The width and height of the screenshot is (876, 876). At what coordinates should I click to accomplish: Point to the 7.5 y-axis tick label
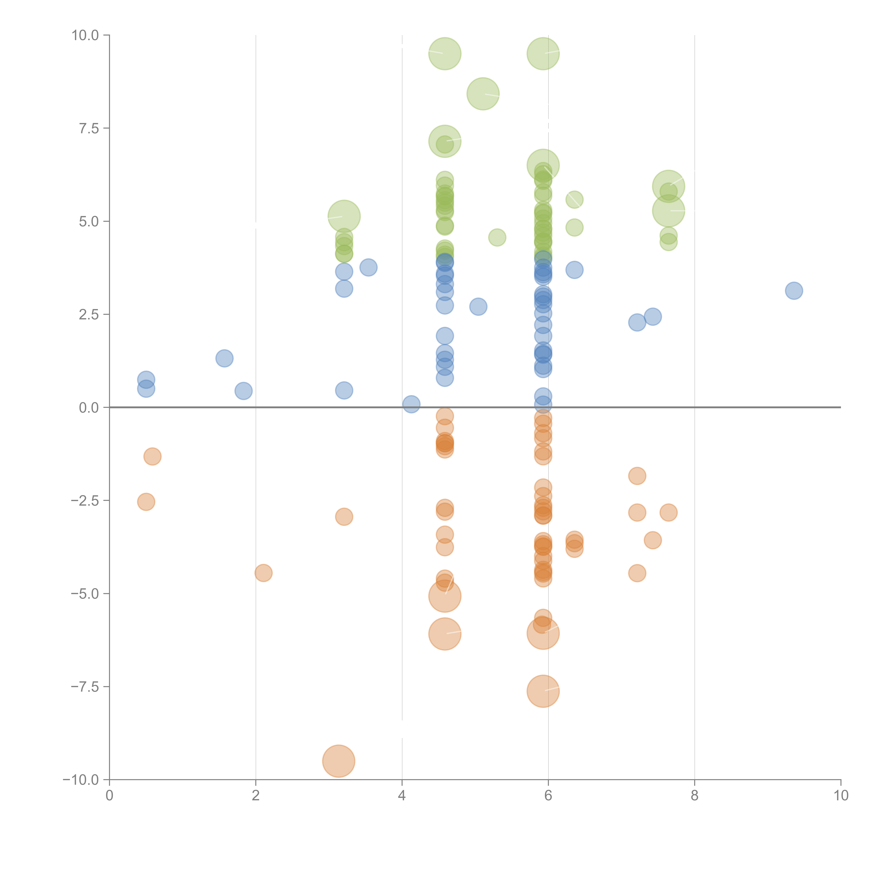coord(89,128)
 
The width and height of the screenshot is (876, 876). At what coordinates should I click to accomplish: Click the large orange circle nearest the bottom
coord(339,761)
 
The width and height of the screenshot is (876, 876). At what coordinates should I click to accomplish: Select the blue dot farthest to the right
coord(794,291)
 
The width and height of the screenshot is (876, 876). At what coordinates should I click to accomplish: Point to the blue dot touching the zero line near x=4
coord(411,404)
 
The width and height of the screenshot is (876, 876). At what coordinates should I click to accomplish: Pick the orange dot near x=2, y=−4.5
coord(264,573)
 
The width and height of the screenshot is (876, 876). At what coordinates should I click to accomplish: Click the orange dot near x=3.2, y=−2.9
coord(344,517)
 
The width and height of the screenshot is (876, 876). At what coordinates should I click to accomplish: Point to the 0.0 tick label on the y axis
coord(89,408)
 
